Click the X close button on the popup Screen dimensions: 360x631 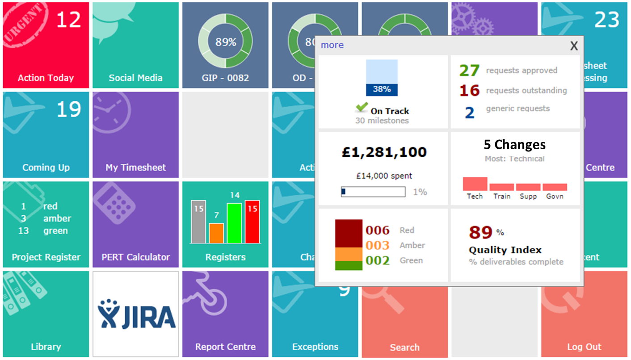click(574, 45)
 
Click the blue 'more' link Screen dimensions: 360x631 click(332, 45)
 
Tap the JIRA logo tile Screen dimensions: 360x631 click(136, 314)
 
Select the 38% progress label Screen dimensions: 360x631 click(382, 89)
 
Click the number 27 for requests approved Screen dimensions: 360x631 click(469, 71)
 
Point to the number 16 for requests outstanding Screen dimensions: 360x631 click(469, 91)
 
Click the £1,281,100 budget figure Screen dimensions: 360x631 click(383, 152)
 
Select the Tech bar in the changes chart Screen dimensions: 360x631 click(475, 184)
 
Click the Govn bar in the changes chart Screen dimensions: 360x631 click(555, 187)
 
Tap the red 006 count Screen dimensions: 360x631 click(378, 230)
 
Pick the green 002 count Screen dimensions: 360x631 click(378, 260)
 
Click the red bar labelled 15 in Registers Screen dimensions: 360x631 click(252, 222)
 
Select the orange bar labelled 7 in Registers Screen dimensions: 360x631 click(216, 233)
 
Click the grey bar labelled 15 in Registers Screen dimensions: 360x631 click(198, 222)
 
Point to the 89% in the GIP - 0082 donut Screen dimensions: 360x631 click(226, 42)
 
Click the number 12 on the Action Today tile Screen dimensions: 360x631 click(69, 20)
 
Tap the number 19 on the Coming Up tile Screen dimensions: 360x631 click(69, 109)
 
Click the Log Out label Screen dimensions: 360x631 click(584, 347)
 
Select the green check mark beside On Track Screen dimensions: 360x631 click(362, 108)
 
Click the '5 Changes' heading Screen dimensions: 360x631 click(514, 145)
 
